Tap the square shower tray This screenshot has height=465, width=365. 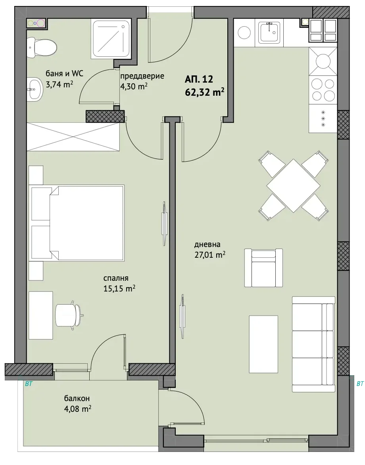[x=111, y=39]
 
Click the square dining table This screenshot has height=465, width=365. [x=293, y=186]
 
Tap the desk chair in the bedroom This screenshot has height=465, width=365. [x=70, y=315]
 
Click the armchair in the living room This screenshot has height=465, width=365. [x=263, y=268]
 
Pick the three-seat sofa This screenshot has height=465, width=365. [x=313, y=344]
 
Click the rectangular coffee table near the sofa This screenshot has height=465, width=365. [x=263, y=344]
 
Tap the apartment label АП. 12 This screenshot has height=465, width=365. [x=199, y=79]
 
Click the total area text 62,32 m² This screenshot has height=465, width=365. [x=204, y=92]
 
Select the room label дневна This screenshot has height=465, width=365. [x=207, y=245]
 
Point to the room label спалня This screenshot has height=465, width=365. [x=116, y=278]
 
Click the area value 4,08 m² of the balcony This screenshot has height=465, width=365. [x=78, y=409]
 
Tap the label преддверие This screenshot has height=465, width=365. [x=142, y=76]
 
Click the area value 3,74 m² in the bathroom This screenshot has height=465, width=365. [x=59, y=84]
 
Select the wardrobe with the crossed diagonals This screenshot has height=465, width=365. [x=73, y=137]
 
